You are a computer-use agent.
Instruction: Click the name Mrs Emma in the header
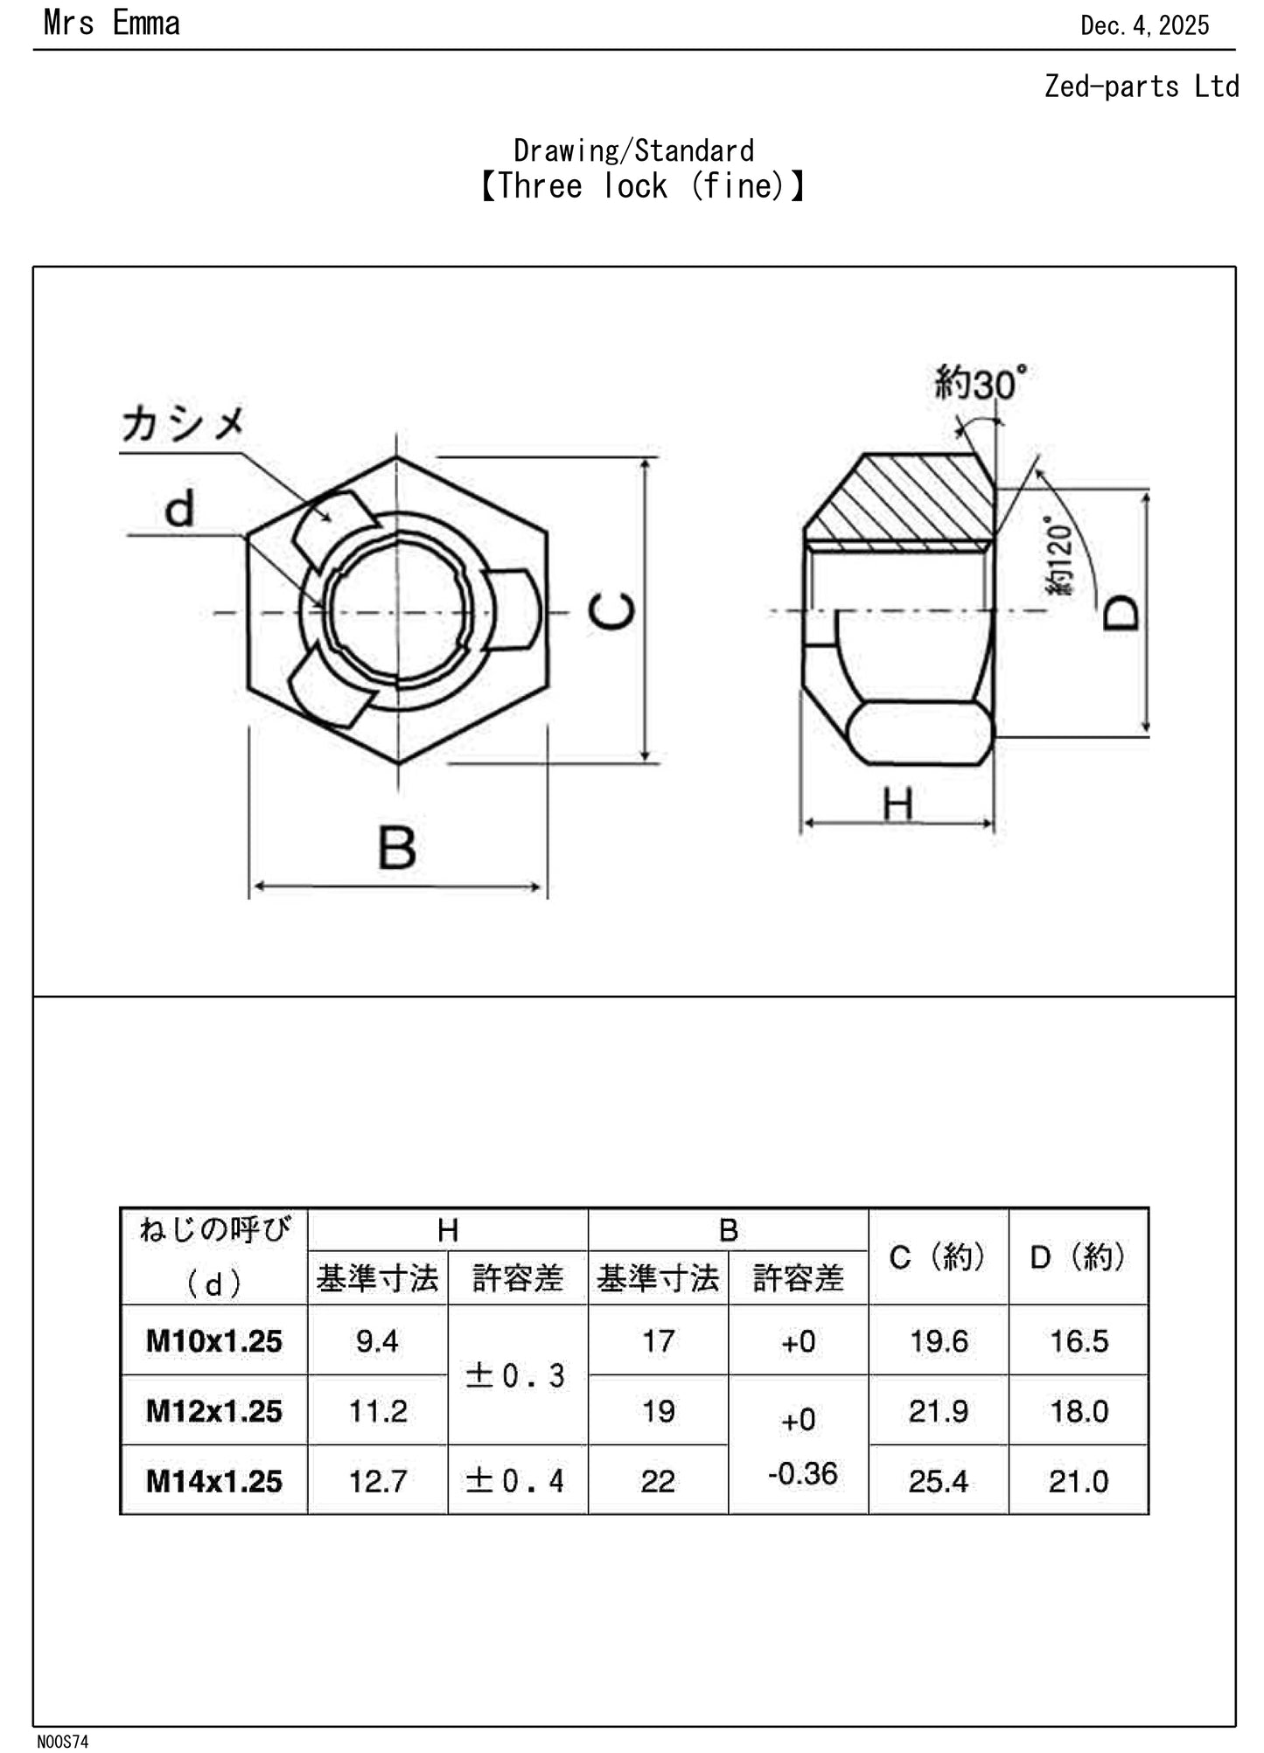click(x=111, y=24)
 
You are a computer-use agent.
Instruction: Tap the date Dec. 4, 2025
click(x=1144, y=25)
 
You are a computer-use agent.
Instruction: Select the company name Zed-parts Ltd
click(x=1141, y=87)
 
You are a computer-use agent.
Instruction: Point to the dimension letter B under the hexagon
click(x=397, y=847)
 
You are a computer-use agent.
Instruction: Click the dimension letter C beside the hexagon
click(x=611, y=611)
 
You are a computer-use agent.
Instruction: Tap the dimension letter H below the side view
click(x=897, y=803)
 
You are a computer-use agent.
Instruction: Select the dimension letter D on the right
click(x=1121, y=612)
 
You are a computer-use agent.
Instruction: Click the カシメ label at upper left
click(x=183, y=425)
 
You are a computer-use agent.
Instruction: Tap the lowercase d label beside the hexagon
click(x=179, y=510)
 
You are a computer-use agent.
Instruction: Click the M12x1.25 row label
click(x=214, y=1411)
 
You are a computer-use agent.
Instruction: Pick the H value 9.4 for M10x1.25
click(x=377, y=1341)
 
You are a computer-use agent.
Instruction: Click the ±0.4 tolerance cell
click(x=516, y=1481)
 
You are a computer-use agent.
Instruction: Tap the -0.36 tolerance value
click(x=802, y=1474)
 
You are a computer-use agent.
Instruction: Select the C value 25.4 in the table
click(x=938, y=1481)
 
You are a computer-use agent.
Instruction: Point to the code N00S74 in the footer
click(x=62, y=1742)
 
